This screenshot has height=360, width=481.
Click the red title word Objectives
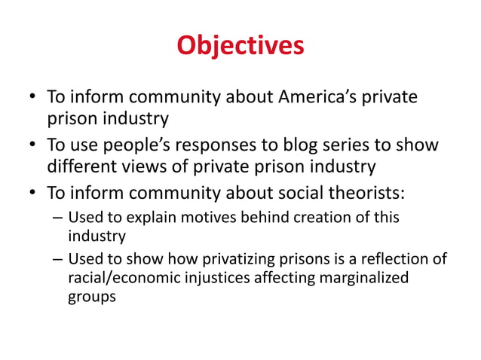(x=240, y=45)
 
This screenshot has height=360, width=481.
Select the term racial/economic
(x=117, y=279)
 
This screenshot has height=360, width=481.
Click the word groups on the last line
(x=92, y=297)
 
